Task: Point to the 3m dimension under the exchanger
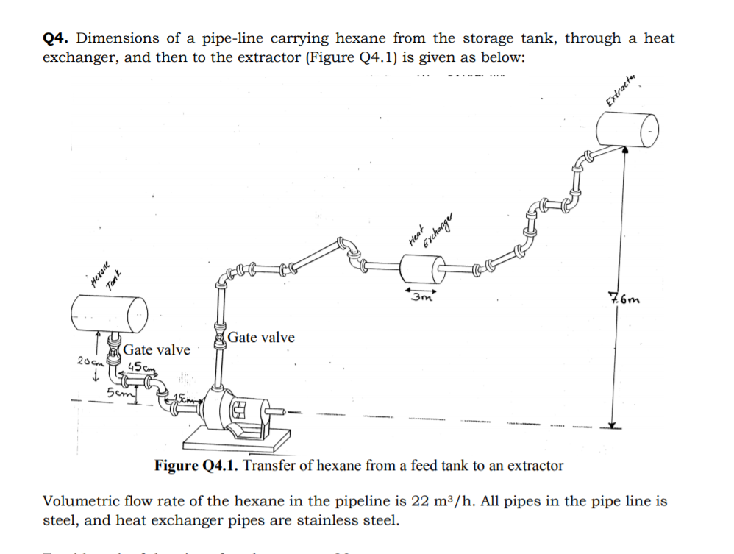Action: point(422,298)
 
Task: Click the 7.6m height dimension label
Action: point(625,299)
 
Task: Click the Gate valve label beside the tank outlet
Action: point(157,349)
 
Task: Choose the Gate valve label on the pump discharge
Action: point(260,338)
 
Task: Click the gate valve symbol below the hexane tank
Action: point(113,352)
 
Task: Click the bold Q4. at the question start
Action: point(57,38)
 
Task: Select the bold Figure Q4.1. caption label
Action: point(196,466)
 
